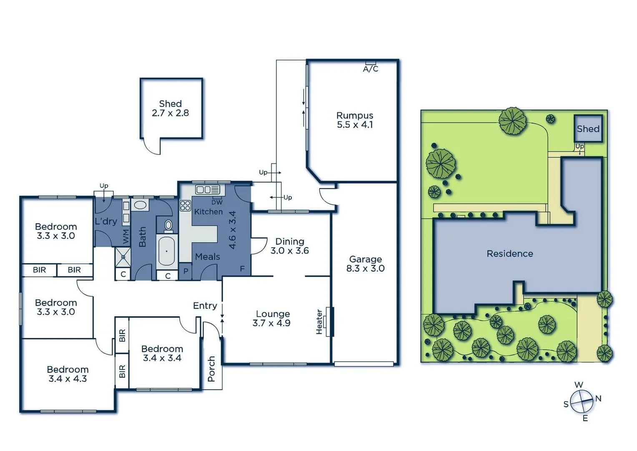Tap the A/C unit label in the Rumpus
point(371,69)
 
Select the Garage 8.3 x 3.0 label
point(365,264)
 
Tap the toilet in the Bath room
point(168,225)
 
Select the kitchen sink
point(208,190)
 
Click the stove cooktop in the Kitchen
point(185,205)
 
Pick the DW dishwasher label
point(217,203)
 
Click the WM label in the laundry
point(126,237)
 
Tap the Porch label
point(211,369)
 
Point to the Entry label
point(205,306)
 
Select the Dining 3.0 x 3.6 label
point(290,246)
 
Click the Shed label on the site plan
point(588,129)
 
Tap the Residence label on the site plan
point(510,253)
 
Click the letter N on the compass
point(598,398)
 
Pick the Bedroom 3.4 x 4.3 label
point(68,374)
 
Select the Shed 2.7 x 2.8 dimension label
point(171,113)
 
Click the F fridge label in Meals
point(242,269)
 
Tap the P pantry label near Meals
point(186,271)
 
